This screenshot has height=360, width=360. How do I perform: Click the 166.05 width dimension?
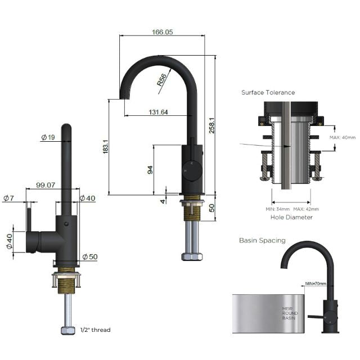[162, 33]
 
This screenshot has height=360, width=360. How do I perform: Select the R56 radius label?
[162, 80]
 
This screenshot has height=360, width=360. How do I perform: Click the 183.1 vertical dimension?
[105, 148]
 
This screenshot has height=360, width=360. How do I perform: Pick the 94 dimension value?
[150, 169]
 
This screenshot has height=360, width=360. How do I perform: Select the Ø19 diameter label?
[48, 137]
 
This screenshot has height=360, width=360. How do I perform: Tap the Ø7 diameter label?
[8, 198]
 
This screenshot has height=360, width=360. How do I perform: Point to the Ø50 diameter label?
[90, 257]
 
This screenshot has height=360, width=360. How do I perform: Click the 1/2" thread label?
[95, 330]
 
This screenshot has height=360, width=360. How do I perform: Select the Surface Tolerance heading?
[268, 92]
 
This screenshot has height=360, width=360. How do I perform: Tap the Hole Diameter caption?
[291, 217]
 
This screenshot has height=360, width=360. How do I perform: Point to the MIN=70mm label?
[315, 283]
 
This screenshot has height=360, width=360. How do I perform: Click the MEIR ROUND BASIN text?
[288, 313]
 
